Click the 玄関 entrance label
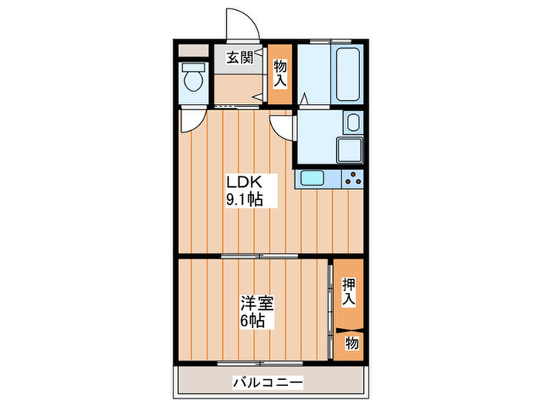pyautogui.click(x=239, y=56)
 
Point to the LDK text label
pyautogui.click(x=245, y=182)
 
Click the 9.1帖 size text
pyautogui.click(x=245, y=199)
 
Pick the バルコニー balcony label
pyautogui.click(x=268, y=382)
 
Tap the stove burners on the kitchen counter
pyautogui.click(x=353, y=178)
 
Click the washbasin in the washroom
pyautogui.click(x=353, y=123)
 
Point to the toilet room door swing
pyautogui.click(x=190, y=121)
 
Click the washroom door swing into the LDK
pyautogui.click(x=283, y=126)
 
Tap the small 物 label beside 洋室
pyautogui.click(x=352, y=343)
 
